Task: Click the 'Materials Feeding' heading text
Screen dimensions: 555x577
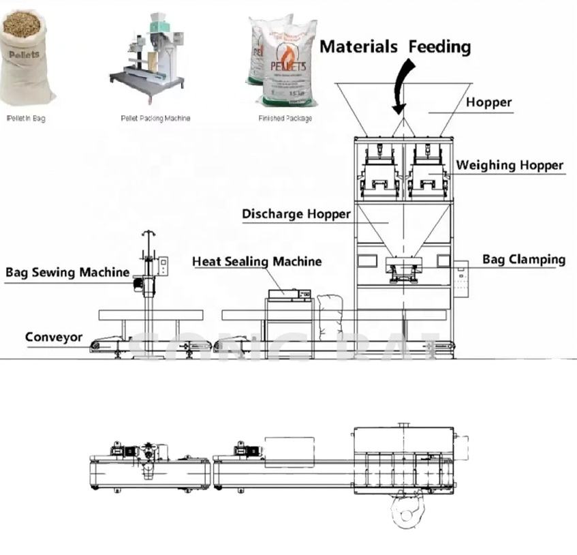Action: pos(395,46)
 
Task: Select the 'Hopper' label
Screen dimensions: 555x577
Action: pos(488,102)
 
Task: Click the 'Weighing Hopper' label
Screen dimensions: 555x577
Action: pos(510,165)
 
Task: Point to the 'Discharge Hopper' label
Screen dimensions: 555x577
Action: pos(296,214)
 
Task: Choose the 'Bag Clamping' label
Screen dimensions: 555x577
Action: pos(523,259)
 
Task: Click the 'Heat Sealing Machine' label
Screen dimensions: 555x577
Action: pos(257,261)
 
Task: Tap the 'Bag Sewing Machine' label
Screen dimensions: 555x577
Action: pos(67,272)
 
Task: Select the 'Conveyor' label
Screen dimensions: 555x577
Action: pos(54,337)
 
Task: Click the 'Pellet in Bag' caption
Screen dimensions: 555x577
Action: pos(26,119)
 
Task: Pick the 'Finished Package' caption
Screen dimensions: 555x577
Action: pos(285,119)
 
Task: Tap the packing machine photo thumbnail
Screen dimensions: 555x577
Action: pos(147,58)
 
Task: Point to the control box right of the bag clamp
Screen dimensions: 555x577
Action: pos(461,277)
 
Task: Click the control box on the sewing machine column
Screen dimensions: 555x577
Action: pos(162,266)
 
